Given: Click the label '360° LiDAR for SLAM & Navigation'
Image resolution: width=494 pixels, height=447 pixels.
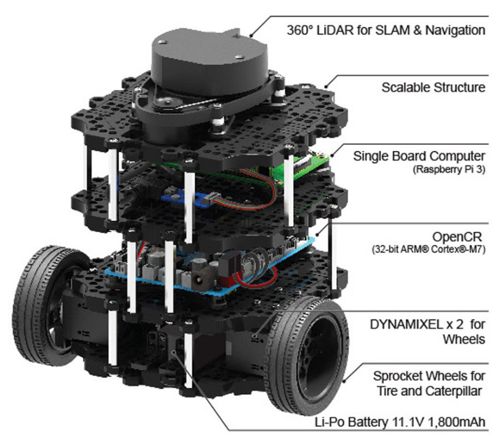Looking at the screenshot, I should [383, 29].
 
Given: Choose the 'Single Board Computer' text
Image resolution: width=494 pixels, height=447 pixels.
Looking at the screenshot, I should [419, 155].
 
